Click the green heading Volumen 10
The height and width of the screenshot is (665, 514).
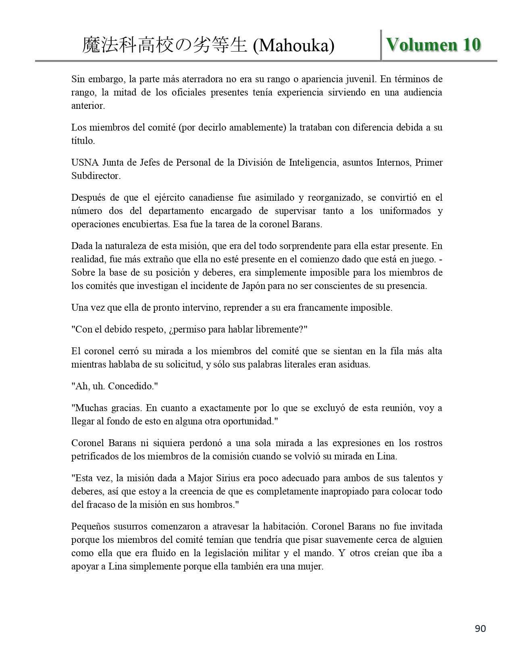coord(433,44)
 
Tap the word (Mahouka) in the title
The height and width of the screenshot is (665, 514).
coord(293,46)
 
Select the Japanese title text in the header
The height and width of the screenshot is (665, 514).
coord(164,46)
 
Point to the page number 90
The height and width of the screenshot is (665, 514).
coord(480,629)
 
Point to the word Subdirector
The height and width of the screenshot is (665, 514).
coord(96,176)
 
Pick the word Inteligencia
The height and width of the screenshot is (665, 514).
coord(313,162)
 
